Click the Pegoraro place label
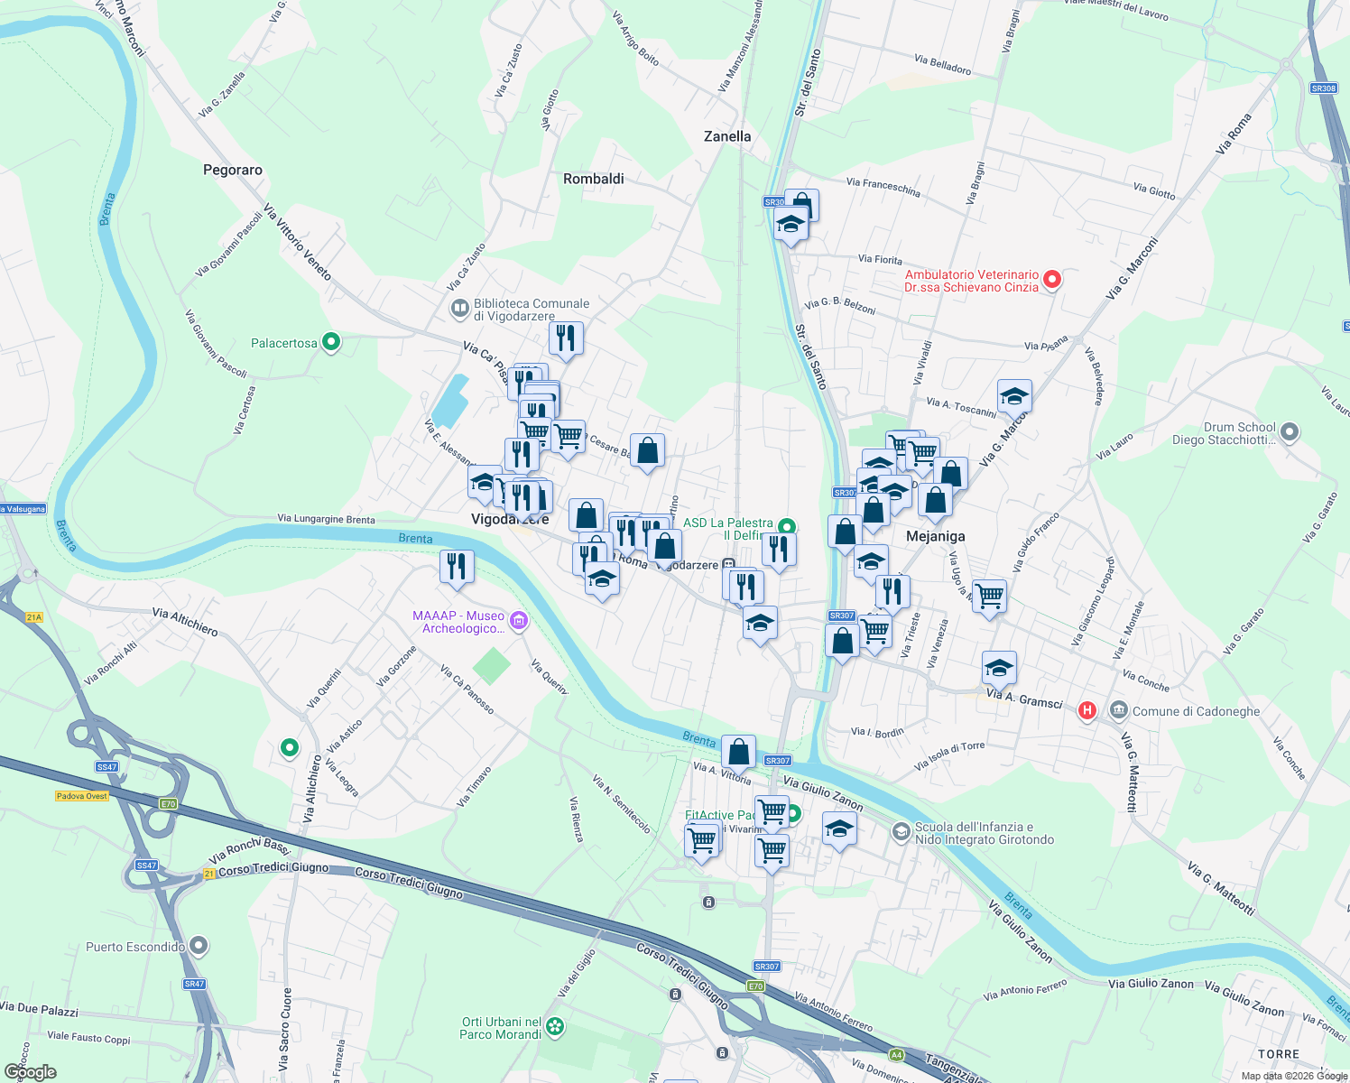[x=233, y=170]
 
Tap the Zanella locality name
[x=727, y=136]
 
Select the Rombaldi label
[x=594, y=179]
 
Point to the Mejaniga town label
[x=936, y=536]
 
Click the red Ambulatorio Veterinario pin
[x=1051, y=280]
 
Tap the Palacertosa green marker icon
[x=331, y=342]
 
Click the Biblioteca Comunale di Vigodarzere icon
[x=460, y=309]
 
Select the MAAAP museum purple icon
[x=518, y=620]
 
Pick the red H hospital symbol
[x=1087, y=710]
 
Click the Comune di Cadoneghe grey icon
[x=1119, y=710]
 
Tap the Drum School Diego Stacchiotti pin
[x=1290, y=432]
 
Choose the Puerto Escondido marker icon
[x=199, y=946]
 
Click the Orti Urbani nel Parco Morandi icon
[x=555, y=1026]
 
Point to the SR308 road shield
[x=1323, y=88]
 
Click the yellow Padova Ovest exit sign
[x=82, y=796]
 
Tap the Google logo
[x=31, y=1072]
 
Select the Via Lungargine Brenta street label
[x=326, y=519]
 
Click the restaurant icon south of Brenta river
[x=457, y=567]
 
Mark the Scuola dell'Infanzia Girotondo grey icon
[x=901, y=831]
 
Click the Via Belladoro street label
[x=942, y=64]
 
